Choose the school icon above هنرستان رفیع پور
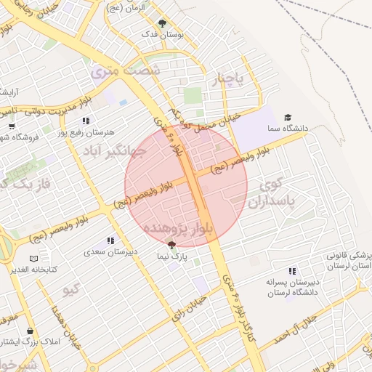tap(86, 121)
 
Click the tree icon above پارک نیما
tap(171, 246)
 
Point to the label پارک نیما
tap(173, 257)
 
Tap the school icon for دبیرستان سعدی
tap(110, 240)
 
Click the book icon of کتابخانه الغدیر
tap(33, 259)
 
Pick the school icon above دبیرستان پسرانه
tap(292, 271)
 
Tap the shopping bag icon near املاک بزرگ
tap(30, 331)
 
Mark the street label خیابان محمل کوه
tap(210, 121)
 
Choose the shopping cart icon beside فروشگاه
tap(11, 126)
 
